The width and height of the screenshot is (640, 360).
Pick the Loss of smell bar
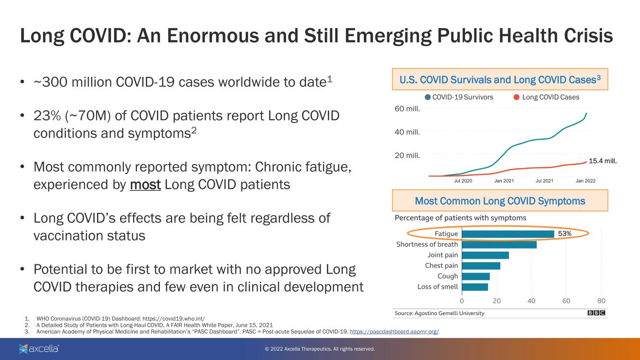(x=475, y=287)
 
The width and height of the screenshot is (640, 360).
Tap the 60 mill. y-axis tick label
(x=407, y=109)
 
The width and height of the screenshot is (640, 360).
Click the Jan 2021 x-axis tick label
(x=504, y=180)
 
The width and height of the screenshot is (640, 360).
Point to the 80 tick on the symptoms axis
(x=601, y=300)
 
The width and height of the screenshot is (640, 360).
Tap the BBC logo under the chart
(x=596, y=313)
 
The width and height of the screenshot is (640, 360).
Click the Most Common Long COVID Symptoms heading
(x=500, y=201)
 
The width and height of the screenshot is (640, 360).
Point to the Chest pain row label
(x=441, y=266)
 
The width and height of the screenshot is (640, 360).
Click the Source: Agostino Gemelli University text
(x=439, y=313)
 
